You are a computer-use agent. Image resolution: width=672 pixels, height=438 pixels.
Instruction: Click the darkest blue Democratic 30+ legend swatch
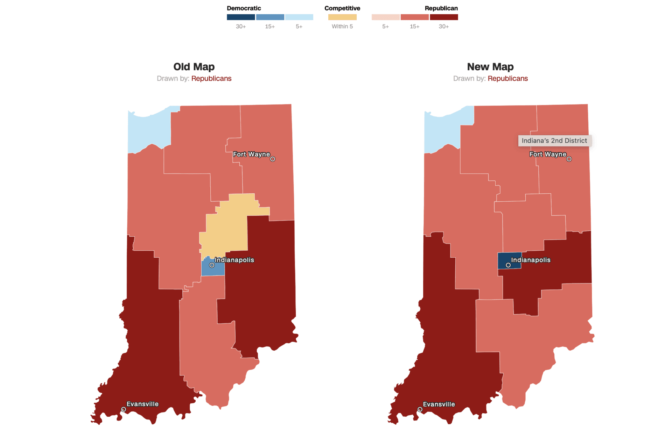(241, 17)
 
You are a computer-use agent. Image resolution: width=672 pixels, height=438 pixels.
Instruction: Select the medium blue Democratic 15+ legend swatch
(270, 17)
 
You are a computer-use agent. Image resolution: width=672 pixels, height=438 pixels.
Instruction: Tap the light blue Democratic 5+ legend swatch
(299, 17)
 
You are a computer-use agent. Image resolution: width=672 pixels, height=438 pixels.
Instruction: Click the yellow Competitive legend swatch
(342, 17)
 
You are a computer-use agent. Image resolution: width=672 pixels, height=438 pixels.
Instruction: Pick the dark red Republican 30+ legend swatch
(444, 17)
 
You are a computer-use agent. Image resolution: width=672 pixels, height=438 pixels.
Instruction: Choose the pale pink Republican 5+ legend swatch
(385, 17)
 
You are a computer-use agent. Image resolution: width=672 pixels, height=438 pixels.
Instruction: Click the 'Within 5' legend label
(342, 27)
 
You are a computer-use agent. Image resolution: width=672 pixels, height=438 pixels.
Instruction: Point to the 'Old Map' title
(194, 67)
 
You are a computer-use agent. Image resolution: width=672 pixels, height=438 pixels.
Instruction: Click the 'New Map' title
(490, 67)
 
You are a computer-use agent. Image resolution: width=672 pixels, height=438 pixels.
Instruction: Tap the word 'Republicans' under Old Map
(211, 79)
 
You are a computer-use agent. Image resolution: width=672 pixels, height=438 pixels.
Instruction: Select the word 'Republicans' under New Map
(507, 79)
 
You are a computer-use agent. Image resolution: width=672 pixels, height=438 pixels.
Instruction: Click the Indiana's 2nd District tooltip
(554, 141)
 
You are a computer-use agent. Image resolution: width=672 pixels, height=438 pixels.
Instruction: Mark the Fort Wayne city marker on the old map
(273, 159)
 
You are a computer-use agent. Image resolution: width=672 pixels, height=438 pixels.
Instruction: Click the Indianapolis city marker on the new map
(508, 265)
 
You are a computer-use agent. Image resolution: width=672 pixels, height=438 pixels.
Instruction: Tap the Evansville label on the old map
(142, 404)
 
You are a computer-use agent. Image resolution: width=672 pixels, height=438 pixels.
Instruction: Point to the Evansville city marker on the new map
(420, 409)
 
